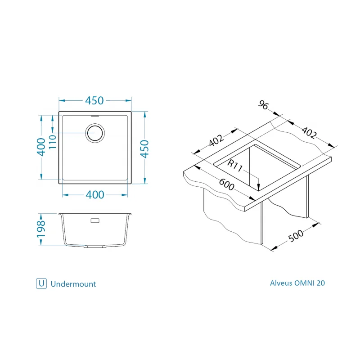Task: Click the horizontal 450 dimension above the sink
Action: tap(94, 100)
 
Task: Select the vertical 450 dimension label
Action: tap(145, 149)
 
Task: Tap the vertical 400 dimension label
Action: tap(41, 147)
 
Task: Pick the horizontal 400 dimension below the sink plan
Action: tap(95, 195)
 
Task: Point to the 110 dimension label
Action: tap(53, 142)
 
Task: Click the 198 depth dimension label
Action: tap(41, 229)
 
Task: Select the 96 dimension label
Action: tap(263, 105)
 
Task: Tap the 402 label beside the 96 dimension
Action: tap(309, 133)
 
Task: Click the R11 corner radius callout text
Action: tap(234, 166)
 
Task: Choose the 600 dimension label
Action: tap(227, 184)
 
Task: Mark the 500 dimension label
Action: tap(296, 236)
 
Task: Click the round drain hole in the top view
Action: tap(95, 133)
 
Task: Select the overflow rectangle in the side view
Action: tap(95, 220)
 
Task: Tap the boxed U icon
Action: tap(41, 283)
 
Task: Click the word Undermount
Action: tap(73, 284)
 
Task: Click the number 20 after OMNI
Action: tap(321, 283)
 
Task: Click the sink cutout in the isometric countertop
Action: tap(257, 167)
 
